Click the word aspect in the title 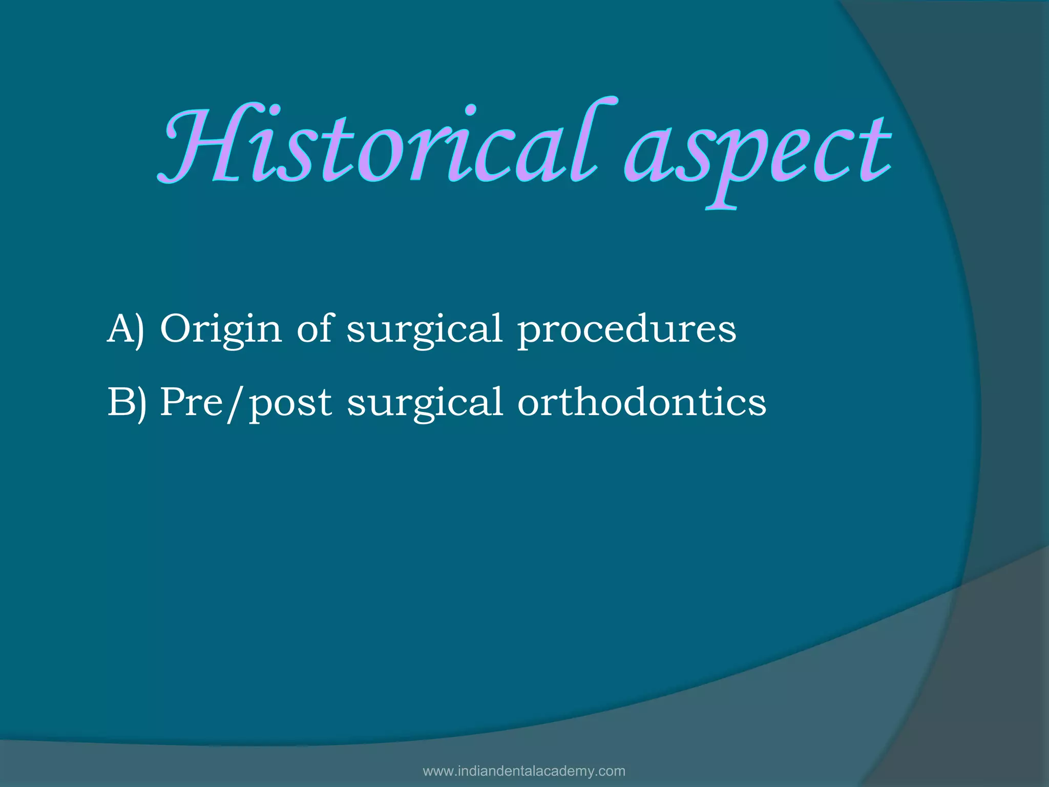[x=758, y=154]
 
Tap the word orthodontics [x=641, y=403]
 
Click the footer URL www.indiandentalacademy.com [x=524, y=771]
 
